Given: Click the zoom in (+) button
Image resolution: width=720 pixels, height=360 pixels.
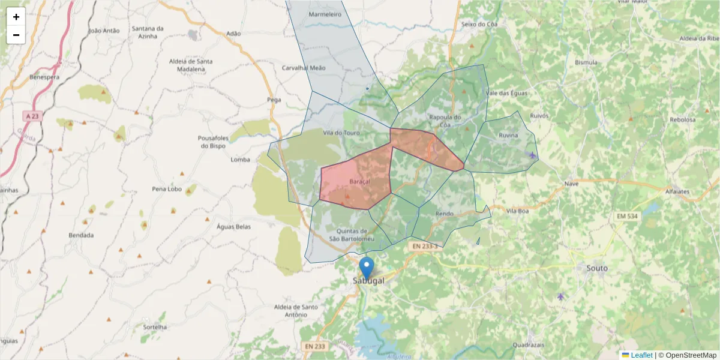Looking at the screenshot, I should pos(16,17).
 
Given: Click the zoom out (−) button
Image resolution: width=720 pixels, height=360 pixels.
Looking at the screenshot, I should pos(16,35).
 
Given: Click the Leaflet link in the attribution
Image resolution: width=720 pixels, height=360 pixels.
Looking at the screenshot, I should pos(641,355).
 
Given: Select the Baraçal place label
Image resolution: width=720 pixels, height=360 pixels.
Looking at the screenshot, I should pos(359,181).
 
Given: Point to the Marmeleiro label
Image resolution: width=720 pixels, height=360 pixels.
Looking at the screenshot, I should pos(325,14).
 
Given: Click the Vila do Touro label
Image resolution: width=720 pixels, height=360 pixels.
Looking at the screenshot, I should pos(341,133).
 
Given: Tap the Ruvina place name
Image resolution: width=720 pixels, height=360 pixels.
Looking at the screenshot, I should pos(508,136).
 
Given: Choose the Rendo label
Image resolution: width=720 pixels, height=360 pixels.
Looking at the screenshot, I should pos(445,214).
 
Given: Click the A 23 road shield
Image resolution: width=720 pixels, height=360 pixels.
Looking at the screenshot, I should pos(33,115).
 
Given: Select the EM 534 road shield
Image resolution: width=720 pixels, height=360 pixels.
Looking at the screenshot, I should pos(628,215).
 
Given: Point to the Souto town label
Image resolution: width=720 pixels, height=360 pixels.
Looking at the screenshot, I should pos(597,268).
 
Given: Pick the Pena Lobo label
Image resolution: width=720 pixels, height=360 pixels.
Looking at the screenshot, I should pos(167,189).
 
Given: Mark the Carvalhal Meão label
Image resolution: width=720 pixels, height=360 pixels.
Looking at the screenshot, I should pos(304,68).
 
